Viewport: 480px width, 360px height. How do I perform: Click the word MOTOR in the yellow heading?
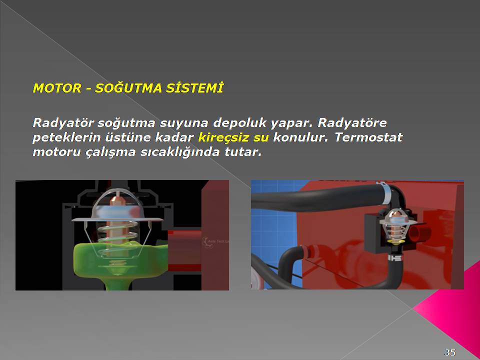(57, 88)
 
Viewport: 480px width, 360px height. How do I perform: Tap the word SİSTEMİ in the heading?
(194, 87)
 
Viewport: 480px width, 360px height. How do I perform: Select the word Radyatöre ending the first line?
(352, 123)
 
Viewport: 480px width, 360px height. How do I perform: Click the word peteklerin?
(66, 137)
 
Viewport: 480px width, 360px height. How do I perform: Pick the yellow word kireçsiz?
(224, 137)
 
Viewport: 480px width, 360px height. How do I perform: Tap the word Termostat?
(368, 137)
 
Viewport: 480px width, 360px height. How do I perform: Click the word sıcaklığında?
(180, 152)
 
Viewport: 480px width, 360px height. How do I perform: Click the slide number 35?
(449, 352)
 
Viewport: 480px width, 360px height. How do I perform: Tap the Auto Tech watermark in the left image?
(216, 241)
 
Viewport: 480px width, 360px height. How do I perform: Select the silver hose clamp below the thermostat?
(394, 258)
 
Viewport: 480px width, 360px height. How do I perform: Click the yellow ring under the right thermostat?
(394, 242)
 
